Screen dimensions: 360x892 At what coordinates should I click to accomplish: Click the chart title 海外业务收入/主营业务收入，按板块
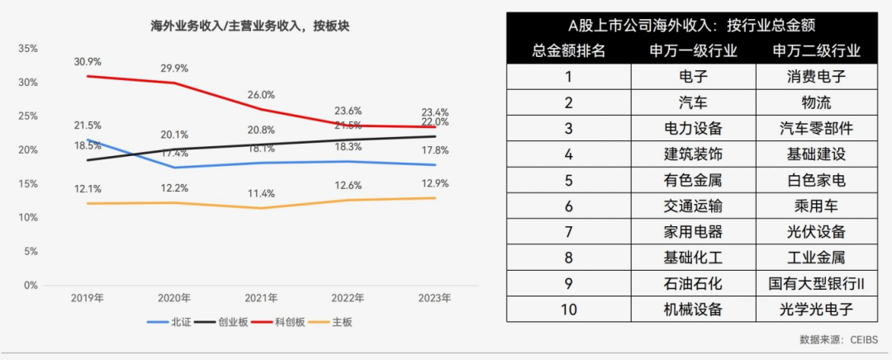click(x=244, y=26)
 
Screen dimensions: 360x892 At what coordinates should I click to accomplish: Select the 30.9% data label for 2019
click(x=87, y=62)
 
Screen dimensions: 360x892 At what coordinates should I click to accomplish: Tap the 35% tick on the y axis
click(x=28, y=49)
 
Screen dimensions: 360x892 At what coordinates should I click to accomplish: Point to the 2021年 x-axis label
click(x=261, y=298)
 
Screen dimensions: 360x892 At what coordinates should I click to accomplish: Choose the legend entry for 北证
click(x=178, y=321)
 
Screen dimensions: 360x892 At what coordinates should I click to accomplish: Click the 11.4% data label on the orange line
click(x=261, y=193)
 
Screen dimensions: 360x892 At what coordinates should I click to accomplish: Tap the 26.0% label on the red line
click(x=261, y=95)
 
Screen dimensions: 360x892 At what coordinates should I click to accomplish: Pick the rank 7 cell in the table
click(x=568, y=232)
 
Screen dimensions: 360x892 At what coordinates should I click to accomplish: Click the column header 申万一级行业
click(x=693, y=51)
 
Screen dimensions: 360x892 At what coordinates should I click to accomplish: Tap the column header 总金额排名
click(x=568, y=51)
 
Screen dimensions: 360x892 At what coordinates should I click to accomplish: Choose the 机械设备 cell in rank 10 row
click(x=693, y=310)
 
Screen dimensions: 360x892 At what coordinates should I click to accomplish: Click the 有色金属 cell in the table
click(x=693, y=180)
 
